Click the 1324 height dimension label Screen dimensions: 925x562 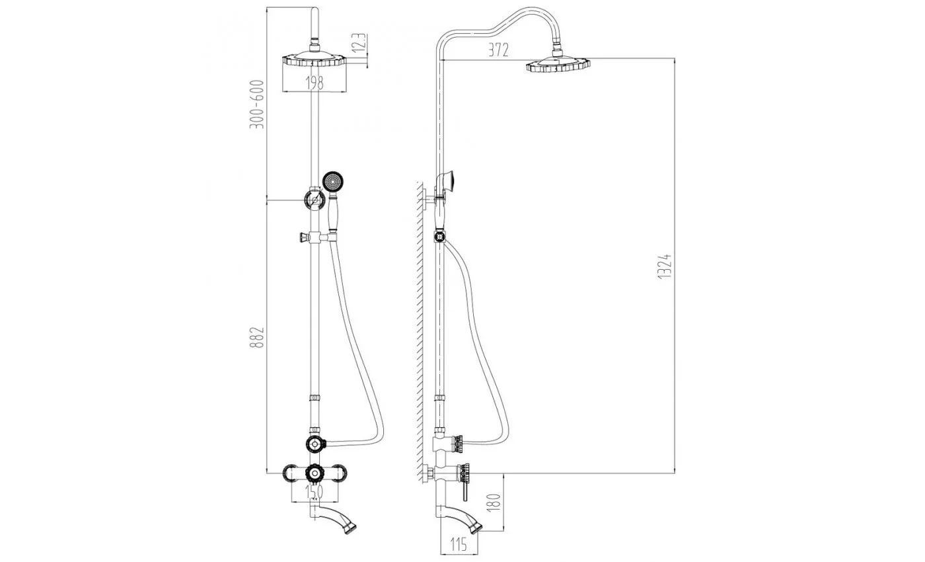(x=665, y=266)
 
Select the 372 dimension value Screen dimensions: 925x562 (x=498, y=50)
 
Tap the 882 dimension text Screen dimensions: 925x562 (x=256, y=337)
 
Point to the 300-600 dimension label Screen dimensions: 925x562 (x=256, y=104)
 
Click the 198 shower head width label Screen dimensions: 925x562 (x=314, y=83)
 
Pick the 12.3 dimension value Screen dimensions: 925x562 (x=359, y=42)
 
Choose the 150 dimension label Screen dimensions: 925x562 (x=314, y=492)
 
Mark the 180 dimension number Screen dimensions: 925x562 (x=494, y=502)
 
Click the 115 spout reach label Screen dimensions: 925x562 (x=459, y=543)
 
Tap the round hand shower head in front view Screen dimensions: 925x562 (x=333, y=182)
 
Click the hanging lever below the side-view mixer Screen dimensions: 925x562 (x=465, y=493)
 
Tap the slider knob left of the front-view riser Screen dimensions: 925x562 (x=304, y=237)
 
